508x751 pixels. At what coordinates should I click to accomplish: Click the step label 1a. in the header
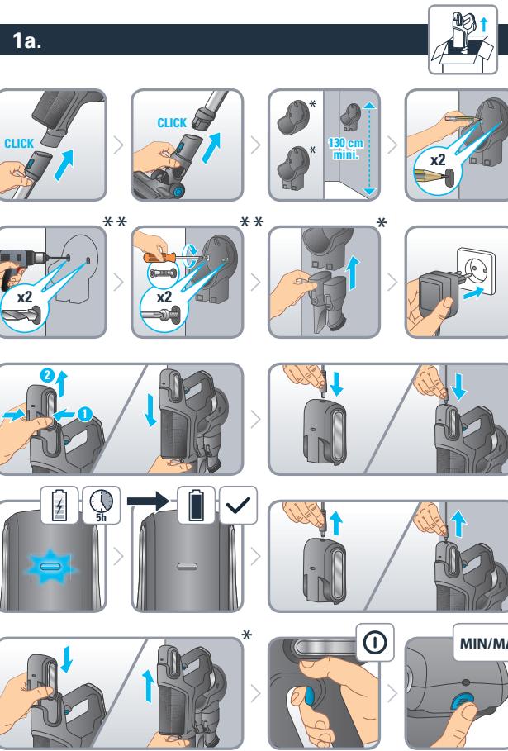tap(26, 40)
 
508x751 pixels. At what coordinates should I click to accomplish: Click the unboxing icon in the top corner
tap(463, 40)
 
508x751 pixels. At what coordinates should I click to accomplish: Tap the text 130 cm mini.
tap(346, 149)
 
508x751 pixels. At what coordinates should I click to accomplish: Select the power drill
tap(20, 265)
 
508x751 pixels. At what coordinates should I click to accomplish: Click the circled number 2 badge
tap(47, 375)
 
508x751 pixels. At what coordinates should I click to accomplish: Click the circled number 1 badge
tap(84, 413)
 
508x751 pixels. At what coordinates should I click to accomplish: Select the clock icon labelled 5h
tap(102, 505)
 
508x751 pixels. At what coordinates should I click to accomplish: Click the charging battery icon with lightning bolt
tap(59, 506)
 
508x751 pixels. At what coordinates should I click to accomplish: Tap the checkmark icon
tap(238, 506)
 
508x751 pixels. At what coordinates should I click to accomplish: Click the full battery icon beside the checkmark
tap(196, 506)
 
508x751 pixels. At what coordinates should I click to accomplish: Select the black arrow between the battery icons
tap(149, 501)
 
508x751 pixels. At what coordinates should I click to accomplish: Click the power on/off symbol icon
tap(375, 642)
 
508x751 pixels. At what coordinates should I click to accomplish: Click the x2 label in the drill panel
tap(25, 297)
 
